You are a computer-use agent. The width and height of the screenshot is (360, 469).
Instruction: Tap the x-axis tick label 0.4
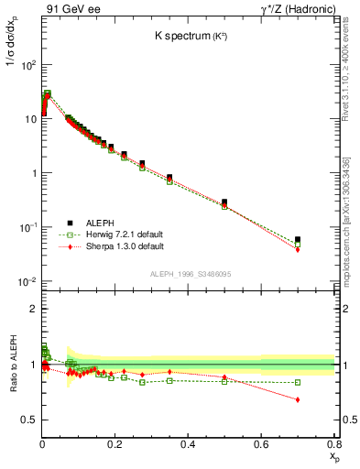188,444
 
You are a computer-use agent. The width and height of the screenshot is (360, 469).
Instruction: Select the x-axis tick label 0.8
333,444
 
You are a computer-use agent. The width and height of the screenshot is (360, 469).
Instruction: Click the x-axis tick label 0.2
115,444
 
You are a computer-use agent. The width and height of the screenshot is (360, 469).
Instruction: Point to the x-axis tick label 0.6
260,444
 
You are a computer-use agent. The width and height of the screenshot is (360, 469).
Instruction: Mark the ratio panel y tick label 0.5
29,420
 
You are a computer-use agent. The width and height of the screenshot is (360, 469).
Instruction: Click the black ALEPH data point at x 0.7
298,240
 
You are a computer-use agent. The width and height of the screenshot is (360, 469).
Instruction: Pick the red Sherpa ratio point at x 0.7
298,399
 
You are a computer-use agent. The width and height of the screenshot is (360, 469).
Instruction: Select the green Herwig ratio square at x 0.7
298,382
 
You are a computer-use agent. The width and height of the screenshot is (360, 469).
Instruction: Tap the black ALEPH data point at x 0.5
224,202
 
